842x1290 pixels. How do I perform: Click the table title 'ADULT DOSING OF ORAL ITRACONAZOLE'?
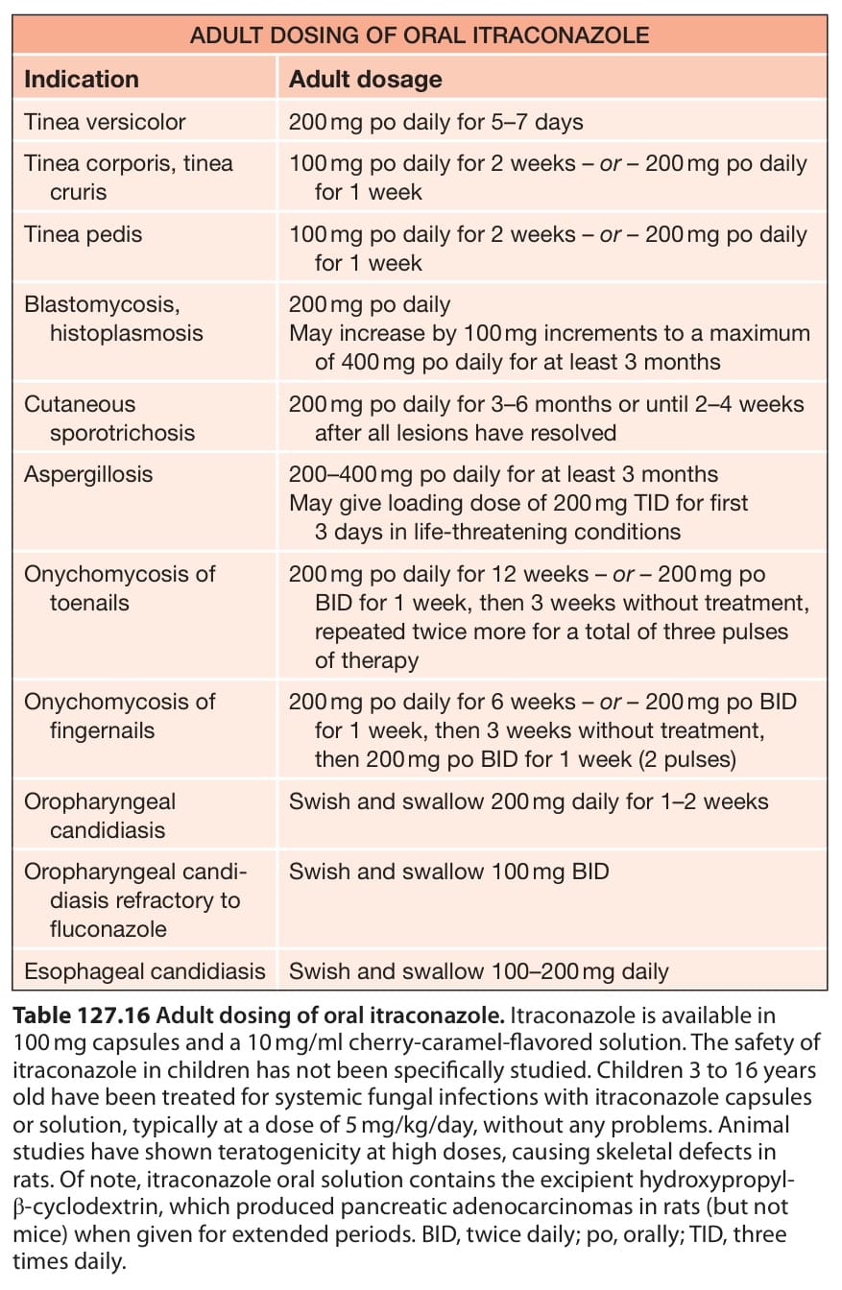tap(420, 36)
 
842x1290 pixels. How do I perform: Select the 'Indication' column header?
tap(82, 80)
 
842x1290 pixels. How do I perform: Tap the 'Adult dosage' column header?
tap(365, 80)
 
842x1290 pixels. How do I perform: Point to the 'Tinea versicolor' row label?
tap(105, 122)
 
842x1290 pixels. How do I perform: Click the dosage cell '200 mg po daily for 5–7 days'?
tap(436, 123)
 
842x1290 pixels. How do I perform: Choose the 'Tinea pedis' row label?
tap(83, 235)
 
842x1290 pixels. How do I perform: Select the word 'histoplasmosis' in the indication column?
tap(126, 333)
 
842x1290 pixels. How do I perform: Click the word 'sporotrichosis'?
tap(122, 433)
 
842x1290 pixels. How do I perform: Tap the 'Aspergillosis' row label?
tap(88, 475)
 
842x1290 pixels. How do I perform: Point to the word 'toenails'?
tap(89, 603)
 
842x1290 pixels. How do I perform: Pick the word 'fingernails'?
tap(102, 731)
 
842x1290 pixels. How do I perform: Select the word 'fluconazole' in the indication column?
tap(108, 929)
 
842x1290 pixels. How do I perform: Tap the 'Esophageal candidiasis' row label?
tap(145, 971)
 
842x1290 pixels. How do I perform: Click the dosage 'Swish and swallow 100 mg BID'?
tap(448, 872)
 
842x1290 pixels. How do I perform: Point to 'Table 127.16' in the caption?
tap(82, 1015)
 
